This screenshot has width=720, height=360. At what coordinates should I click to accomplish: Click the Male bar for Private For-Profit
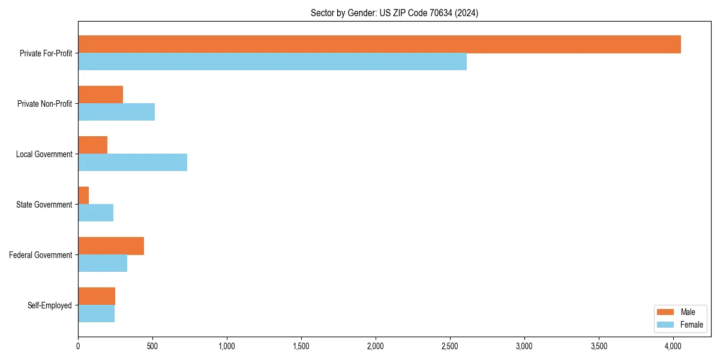[x=379, y=44]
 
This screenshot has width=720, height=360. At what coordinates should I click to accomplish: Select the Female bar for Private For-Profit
[x=272, y=62]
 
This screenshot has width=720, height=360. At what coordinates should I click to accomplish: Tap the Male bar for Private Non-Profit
[x=100, y=95]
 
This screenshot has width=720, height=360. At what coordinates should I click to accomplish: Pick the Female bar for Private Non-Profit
[x=116, y=112]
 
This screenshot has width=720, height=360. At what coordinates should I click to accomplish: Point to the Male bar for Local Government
[x=92, y=145]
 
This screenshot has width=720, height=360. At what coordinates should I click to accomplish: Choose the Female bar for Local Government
[x=133, y=163]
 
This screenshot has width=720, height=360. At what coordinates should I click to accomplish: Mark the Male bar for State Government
[x=83, y=196]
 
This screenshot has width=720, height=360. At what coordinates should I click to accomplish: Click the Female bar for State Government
[x=95, y=213]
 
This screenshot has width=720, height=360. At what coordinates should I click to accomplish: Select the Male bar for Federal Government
[x=111, y=246]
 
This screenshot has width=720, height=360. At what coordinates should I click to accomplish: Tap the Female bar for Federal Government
[x=103, y=263]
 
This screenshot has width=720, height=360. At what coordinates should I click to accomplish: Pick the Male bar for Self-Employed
[x=97, y=296]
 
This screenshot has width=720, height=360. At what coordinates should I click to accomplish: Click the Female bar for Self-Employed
[x=96, y=314]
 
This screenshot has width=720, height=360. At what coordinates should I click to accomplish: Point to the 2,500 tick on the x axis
[x=450, y=346]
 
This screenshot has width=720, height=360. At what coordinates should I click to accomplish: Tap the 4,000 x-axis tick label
[x=673, y=346]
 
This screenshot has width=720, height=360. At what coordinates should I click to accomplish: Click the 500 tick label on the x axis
[x=152, y=346]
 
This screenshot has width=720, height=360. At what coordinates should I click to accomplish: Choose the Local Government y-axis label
[x=44, y=154]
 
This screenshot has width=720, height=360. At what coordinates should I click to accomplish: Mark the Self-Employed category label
[x=49, y=305]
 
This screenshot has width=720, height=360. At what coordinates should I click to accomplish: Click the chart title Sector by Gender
[x=394, y=13]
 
